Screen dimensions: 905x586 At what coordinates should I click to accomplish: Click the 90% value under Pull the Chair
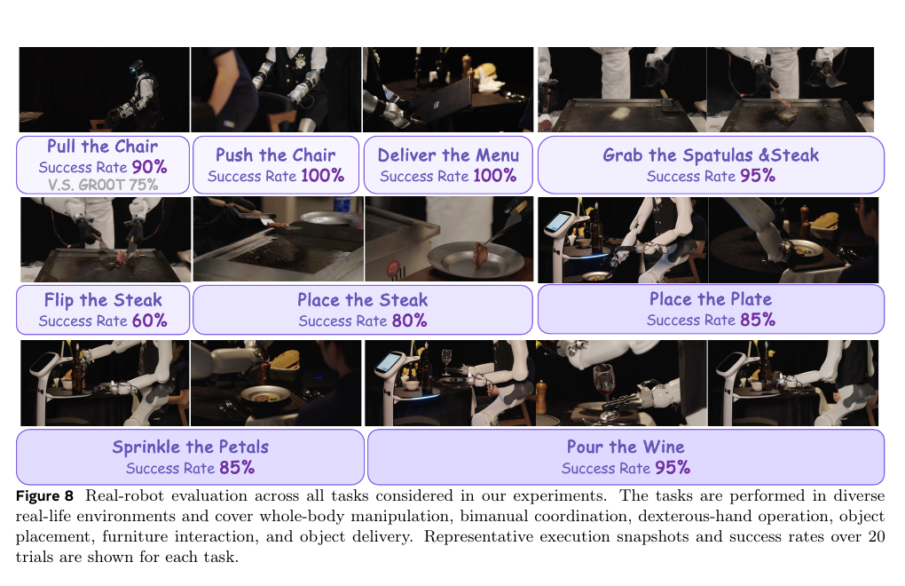(149, 167)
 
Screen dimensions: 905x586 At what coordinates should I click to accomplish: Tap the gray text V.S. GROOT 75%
(103, 185)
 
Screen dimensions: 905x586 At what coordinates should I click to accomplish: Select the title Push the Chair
(275, 154)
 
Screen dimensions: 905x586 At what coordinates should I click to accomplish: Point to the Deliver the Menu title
(448, 154)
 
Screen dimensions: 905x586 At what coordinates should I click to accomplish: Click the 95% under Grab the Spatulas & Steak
(758, 176)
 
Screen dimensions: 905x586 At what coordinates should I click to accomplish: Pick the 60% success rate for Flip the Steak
(149, 321)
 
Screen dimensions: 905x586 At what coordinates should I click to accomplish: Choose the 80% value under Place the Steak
(409, 321)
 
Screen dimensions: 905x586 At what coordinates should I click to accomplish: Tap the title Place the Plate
(711, 299)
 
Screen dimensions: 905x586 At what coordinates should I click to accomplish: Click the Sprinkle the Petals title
(191, 447)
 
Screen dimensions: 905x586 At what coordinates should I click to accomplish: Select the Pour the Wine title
(626, 447)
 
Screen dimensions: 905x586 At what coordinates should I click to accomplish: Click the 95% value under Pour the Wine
(673, 468)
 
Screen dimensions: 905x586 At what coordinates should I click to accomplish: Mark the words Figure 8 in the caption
(44, 496)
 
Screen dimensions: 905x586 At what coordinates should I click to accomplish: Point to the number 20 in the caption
(877, 536)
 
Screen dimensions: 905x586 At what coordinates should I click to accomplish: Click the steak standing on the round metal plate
(480, 255)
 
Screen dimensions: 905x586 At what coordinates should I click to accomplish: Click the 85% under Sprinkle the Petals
(237, 468)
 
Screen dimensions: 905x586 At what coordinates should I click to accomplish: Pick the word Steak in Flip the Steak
(138, 300)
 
